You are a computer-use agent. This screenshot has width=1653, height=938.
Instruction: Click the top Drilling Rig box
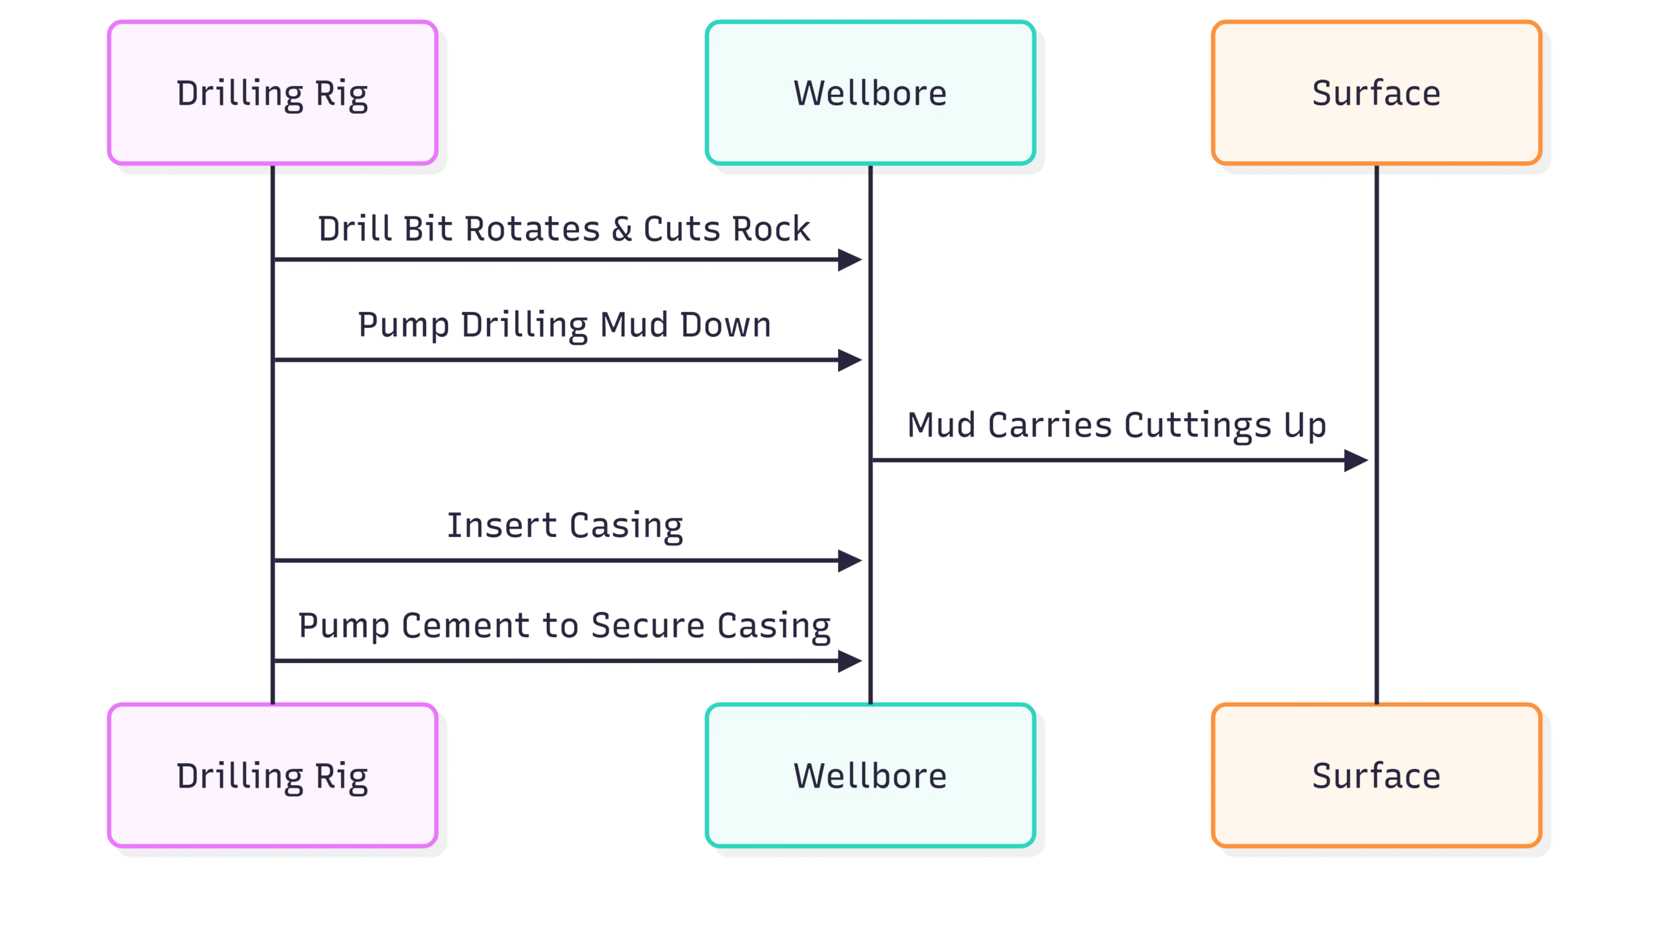272,93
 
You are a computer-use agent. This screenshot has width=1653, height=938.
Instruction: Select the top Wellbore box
870,93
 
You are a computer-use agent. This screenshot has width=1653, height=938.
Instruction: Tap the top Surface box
1377,93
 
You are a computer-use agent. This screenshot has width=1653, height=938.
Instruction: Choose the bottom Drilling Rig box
272,775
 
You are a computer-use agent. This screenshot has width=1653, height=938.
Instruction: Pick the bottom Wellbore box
870,775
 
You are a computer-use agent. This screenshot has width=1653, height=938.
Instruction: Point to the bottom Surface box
1377,775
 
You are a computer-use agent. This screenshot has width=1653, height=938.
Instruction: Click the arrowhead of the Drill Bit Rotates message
850,260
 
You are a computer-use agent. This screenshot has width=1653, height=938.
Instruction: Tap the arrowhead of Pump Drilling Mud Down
850,360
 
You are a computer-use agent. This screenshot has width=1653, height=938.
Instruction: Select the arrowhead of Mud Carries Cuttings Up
1356,460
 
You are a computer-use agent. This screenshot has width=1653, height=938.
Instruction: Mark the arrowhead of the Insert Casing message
850,560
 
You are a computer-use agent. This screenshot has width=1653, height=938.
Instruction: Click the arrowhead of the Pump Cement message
850,660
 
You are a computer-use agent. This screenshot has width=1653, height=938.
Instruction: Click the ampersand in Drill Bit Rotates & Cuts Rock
622,229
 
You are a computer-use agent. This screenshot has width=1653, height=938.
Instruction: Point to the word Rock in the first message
772,229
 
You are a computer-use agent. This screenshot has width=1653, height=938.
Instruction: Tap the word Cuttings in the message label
1198,426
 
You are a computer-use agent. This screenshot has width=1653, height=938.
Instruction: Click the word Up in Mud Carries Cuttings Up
1305,426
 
